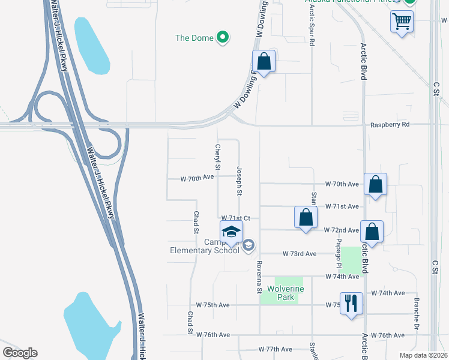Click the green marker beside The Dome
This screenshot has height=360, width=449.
(223, 38)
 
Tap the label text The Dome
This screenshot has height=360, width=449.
(194, 38)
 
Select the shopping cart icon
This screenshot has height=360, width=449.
(401, 22)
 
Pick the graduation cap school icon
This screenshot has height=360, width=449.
(231, 232)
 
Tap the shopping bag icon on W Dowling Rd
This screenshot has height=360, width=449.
(264, 61)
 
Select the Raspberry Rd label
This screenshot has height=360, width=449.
(390, 124)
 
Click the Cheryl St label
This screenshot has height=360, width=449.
(218, 156)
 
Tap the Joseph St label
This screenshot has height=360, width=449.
(239, 181)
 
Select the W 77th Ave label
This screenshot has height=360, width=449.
(275, 349)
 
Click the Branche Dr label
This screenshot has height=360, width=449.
(415, 310)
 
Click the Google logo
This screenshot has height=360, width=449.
(20, 353)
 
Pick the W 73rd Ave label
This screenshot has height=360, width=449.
(300, 254)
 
